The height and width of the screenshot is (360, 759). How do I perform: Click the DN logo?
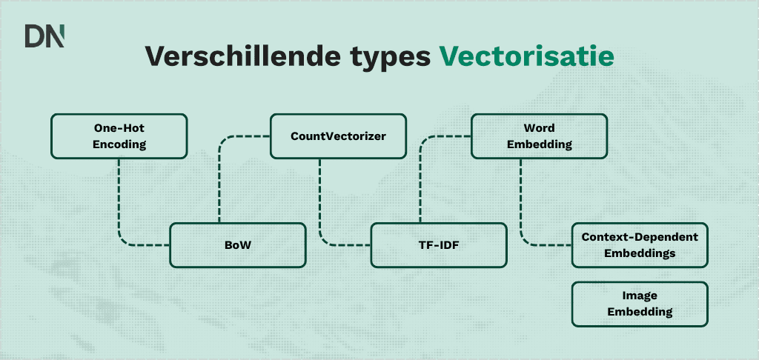[x=44, y=36]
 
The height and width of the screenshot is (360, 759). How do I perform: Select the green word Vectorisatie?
[x=526, y=56]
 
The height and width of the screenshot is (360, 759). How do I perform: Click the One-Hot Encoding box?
[x=119, y=136]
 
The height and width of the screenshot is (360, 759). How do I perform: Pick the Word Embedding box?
[x=539, y=136]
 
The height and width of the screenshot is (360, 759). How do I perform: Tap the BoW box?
[x=238, y=245]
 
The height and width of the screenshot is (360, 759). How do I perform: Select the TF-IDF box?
[x=439, y=245]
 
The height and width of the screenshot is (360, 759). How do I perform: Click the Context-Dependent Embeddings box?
[x=640, y=245]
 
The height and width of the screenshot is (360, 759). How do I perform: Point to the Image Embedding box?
[x=640, y=304]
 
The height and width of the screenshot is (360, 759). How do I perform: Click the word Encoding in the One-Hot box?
[x=119, y=144]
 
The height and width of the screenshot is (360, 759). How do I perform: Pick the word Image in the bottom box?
[x=640, y=296]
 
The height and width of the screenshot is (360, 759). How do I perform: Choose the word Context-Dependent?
[x=640, y=237]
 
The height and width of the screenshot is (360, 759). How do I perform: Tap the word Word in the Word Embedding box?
[x=539, y=128]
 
